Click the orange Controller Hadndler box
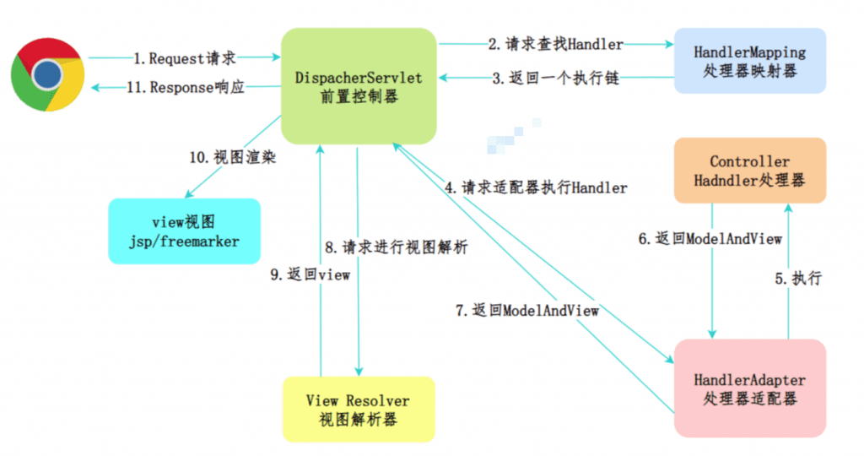coord(749,171)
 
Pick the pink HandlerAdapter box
coord(749,388)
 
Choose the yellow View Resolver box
coord(358,409)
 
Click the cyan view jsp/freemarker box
coord(184,231)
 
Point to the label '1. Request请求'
coord(184,58)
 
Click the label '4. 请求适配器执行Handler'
coord(535,187)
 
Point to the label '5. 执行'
coord(797,278)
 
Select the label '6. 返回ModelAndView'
coord(710,239)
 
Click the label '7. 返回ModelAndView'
coord(527,311)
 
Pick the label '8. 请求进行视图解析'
coord(397,248)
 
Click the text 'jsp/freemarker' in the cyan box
coord(184,242)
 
